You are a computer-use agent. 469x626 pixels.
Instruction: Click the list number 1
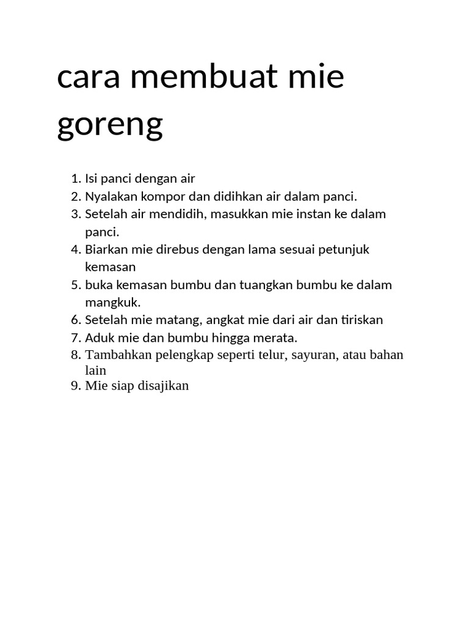tap(75, 179)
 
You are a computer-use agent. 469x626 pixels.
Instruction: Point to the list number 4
tap(75, 249)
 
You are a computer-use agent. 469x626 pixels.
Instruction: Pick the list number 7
tap(75, 338)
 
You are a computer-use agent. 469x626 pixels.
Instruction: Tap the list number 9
tap(75, 386)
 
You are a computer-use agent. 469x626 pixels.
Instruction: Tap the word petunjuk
tap(346, 249)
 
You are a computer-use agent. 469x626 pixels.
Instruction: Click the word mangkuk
tap(112, 303)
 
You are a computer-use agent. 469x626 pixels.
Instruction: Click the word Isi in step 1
tap(91, 179)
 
